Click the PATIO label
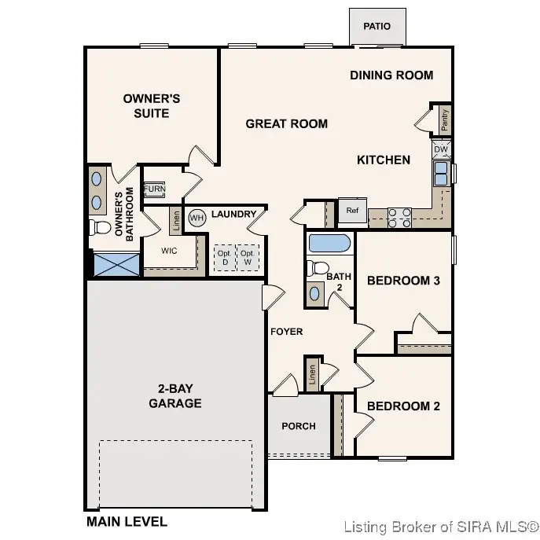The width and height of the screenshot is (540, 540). tap(377, 27)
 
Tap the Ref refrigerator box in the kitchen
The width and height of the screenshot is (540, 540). tap(351, 211)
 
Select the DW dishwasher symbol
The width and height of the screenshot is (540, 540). tap(440, 149)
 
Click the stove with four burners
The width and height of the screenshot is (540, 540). tap(399, 217)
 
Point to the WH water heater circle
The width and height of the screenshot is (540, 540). tap(197, 217)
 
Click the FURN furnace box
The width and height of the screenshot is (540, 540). tap(154, 190)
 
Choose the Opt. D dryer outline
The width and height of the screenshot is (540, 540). tap(224, 257)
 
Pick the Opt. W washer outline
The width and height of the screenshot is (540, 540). tap(247, 257)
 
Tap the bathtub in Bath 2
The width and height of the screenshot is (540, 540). tap(330, 243)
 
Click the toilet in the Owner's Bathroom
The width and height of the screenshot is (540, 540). tap(100, 229)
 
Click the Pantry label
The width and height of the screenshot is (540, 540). tap(444, 120)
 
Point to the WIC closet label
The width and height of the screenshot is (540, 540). tap(169, 252)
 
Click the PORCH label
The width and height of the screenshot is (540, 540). tap(299, 426)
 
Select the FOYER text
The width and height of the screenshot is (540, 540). tap(286, 332)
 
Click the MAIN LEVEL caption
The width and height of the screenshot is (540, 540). tap(127, 521)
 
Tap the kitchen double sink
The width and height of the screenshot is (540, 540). tap(441, 173)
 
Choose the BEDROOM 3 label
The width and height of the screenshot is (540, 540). tap(403, 281)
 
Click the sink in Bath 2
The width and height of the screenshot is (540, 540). tap(316, 293)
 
